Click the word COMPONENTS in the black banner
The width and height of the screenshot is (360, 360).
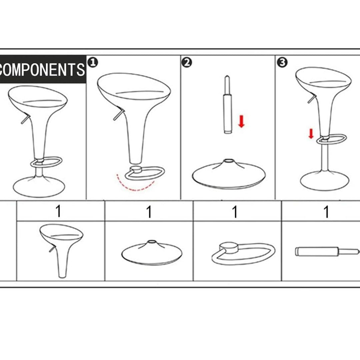[42, 70]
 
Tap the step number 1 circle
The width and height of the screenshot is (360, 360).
[93, 62]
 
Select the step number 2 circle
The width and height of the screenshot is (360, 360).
[187, 62]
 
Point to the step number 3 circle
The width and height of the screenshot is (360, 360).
[282, 62]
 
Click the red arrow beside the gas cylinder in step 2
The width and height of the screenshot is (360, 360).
[241, 121]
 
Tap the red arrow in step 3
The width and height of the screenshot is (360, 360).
[311, 134]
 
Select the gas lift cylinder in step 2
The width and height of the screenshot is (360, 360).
[227, 104]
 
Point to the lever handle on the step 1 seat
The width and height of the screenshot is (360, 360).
[119, 115]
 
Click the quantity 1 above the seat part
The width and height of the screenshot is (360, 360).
[59, 211]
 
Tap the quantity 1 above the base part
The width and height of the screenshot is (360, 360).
[149, 211]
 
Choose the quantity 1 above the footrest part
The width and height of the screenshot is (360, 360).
[235, 211]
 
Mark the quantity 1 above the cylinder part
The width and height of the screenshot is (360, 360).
[326, 211]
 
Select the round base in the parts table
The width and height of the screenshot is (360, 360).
[152, 253]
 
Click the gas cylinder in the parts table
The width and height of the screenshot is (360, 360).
[327, 251]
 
